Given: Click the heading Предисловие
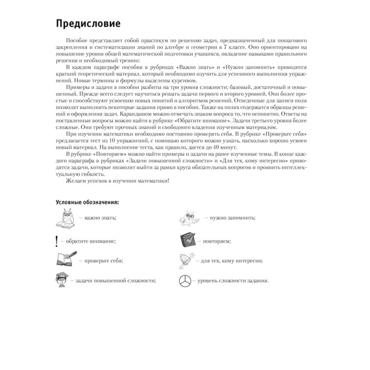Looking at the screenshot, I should (x=88, y=23).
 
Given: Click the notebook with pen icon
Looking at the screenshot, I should (x=65, y=260).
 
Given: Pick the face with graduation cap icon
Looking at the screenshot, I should (x=62, y=281).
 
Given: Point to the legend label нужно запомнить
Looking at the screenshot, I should (x=230, y=218).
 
